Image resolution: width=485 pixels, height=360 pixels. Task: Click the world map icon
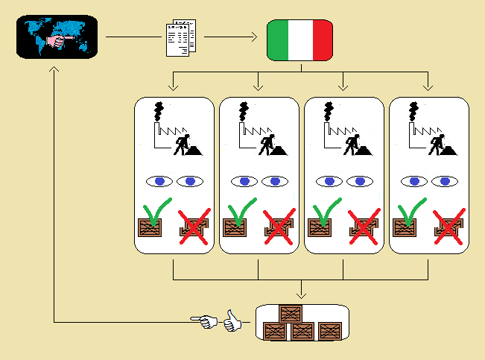57,37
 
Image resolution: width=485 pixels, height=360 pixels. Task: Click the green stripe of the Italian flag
278,40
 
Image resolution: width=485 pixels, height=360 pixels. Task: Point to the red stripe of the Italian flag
323,40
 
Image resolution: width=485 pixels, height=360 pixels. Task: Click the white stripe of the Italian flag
300,40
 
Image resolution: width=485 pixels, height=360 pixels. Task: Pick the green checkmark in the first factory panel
157,212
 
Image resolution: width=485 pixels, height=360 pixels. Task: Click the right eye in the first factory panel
190,181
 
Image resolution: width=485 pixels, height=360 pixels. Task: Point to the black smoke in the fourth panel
413,112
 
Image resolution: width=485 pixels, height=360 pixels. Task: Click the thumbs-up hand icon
233,321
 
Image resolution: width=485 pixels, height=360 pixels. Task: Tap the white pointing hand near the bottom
205,322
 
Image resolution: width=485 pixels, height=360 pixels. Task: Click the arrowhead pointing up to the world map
54,71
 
